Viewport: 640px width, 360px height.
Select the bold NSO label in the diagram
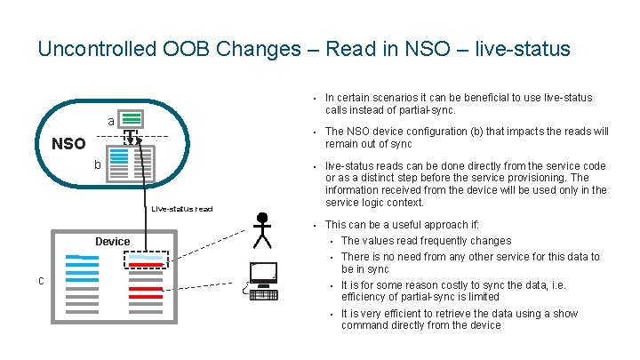tap(69, 144)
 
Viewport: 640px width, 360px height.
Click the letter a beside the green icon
tap(110, 122)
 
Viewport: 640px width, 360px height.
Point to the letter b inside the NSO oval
tap(98, 164)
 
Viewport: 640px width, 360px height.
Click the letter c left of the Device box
tap(41, 281)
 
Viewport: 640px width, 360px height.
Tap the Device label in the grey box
tap(113, 241)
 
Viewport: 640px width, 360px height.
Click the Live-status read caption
tap(182, 209)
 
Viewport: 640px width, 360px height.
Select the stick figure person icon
tap(261, 230)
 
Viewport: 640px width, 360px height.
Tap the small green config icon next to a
tap(132, 118)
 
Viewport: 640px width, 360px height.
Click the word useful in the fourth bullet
tap(398, 225)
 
